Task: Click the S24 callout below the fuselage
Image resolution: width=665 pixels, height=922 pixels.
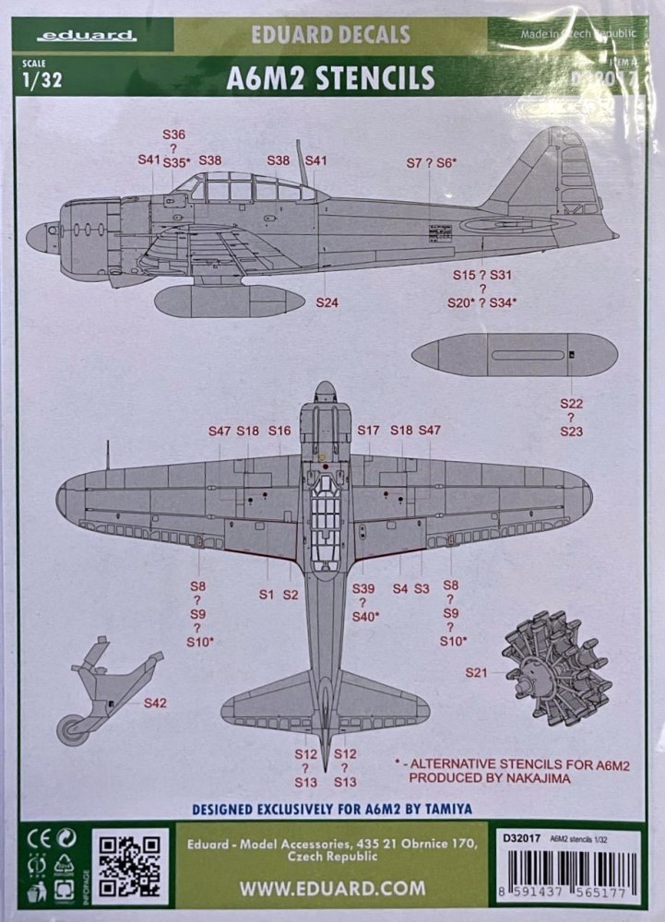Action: click(x=327, y=302)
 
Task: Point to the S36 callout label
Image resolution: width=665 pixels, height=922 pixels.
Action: click(x=173, y=134)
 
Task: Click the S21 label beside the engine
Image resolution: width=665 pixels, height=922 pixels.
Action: click(x=477, y=674)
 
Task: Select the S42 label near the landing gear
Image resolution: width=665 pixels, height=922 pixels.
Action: click(x=156, y=703)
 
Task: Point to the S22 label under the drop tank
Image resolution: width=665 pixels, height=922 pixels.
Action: click(x=572, y=404)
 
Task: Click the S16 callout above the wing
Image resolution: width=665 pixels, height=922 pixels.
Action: click(x=279, y=431)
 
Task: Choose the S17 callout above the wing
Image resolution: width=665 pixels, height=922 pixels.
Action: click(x=368, y=431)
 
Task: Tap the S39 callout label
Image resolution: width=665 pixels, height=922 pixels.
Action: click(x=364, y=588)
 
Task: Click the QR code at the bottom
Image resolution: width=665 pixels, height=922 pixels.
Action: click(x=131, y=867)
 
